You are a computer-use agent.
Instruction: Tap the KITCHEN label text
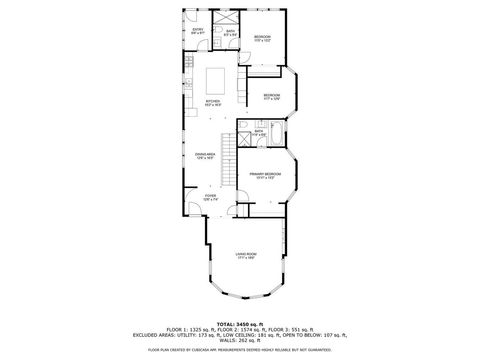point(213,102)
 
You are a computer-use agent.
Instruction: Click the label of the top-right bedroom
point(262,38)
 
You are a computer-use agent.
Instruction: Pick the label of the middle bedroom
point(271,96)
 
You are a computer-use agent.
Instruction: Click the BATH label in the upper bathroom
point(230,33)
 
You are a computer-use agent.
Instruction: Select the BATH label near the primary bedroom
point(258,133)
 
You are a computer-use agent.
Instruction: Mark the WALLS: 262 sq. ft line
point(240,342)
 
